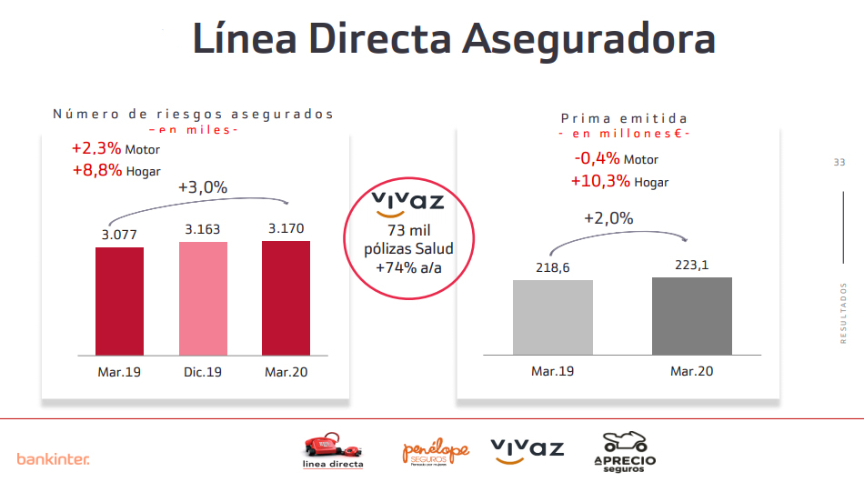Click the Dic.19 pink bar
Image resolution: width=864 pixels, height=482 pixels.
(x=203, y=297)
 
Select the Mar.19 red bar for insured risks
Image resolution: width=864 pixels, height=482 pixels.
(x=119, y=300)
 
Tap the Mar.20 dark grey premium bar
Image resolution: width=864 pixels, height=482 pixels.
(x=691, y=316)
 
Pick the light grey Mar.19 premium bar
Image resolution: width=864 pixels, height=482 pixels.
(x=552, y=316)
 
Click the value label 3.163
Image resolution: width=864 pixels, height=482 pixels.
(x=202, y=229)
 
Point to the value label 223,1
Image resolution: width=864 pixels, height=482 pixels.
(x=691, y=265)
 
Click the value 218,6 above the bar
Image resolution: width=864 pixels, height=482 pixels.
(x=552, y=267)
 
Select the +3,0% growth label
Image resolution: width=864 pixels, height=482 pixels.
(x=202, y=187)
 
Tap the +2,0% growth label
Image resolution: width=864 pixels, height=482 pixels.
(x=608, y=218)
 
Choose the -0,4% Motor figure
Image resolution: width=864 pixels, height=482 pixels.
(x=617, y=159)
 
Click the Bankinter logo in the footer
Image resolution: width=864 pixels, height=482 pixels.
(x=53, y=458)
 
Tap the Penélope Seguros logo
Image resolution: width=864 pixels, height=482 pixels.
(x=436, y=450)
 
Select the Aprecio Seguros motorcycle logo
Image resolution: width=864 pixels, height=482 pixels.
(x=624, y=449)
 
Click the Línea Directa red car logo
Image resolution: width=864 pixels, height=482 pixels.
(x=332, y=448)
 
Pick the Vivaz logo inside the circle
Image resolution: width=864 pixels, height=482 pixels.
(x=408, y=205)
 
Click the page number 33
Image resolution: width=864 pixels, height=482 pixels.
(x=839, y=162)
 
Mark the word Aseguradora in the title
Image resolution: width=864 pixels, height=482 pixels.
(x=587, y=40)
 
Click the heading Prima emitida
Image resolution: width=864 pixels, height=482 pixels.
(x=624, y=118)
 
